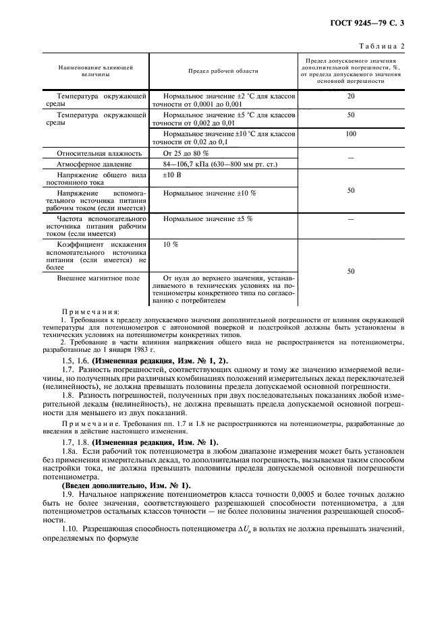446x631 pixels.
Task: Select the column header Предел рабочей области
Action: click(223, 71)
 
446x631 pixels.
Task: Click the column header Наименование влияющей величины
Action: click(95, 71)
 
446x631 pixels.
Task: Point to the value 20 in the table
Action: click(350, 96)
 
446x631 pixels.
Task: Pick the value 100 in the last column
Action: click(350, 134)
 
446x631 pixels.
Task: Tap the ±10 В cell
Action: click(173, 175)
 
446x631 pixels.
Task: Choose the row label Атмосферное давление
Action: click(90, 164)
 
